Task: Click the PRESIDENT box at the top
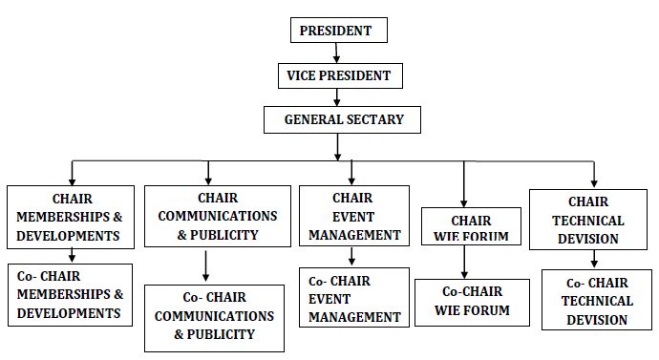tap(337, 31)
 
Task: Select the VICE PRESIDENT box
tap(337, 75)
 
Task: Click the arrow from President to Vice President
tap(337, 53)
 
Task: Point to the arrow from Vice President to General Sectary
tap(337, 97)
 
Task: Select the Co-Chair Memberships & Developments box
tap(71, 294)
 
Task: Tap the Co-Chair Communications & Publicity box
tap(214, 317)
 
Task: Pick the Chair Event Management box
tap(351, 216)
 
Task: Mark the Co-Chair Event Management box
tap(352, 299)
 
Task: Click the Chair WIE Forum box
tap(466, 227)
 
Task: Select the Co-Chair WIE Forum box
tap(472, 303)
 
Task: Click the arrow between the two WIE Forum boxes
tap(465, 262)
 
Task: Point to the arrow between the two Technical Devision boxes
tap(595, 258)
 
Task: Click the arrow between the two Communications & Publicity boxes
tap(206, 265)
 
